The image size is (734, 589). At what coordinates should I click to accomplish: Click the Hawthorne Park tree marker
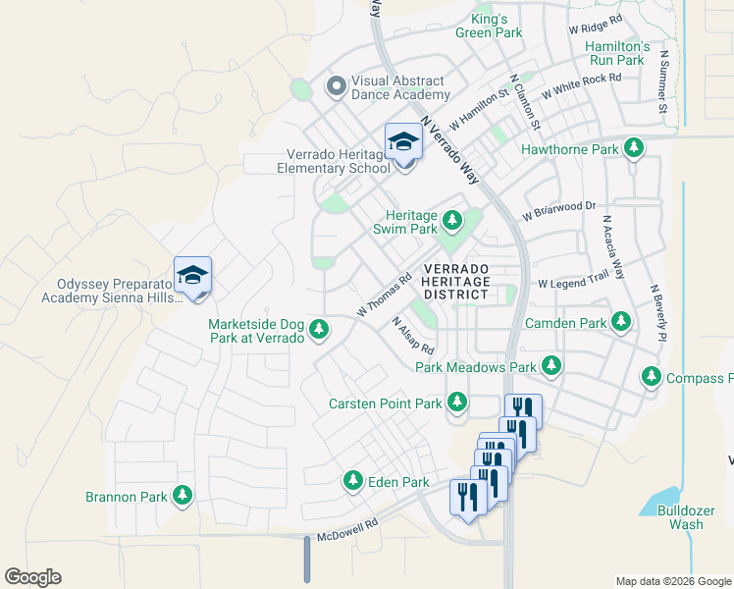(635, 148)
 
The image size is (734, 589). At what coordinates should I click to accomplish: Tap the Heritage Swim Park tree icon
(452, 220)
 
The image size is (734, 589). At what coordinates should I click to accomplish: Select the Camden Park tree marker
(620, 321)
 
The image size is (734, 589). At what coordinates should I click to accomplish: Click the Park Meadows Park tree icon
(551, 366)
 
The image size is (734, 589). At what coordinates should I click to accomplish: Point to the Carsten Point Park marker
(456, 402)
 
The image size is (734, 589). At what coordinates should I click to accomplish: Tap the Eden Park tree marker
(352, 481)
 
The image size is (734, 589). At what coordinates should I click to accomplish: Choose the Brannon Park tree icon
(182, 496)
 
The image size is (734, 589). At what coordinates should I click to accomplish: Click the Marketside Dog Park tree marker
(319, 331)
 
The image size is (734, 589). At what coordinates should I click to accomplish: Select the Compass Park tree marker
(651, 377)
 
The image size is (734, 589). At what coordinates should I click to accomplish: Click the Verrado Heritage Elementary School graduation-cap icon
(403, 142)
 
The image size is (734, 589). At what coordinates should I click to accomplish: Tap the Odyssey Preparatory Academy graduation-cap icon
(193, 276)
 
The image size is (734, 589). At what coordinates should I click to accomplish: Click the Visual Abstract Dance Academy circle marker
(336, 87)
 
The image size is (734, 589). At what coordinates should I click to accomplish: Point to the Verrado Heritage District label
(456, 281)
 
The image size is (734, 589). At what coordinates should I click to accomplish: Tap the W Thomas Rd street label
(383, 295)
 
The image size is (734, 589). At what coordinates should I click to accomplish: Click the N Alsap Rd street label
(412, 336)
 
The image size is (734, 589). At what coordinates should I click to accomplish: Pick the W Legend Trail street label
(573, 283)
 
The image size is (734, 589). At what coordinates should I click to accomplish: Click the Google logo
(32, 577)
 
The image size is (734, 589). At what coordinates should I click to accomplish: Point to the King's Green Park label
(489, 26)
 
